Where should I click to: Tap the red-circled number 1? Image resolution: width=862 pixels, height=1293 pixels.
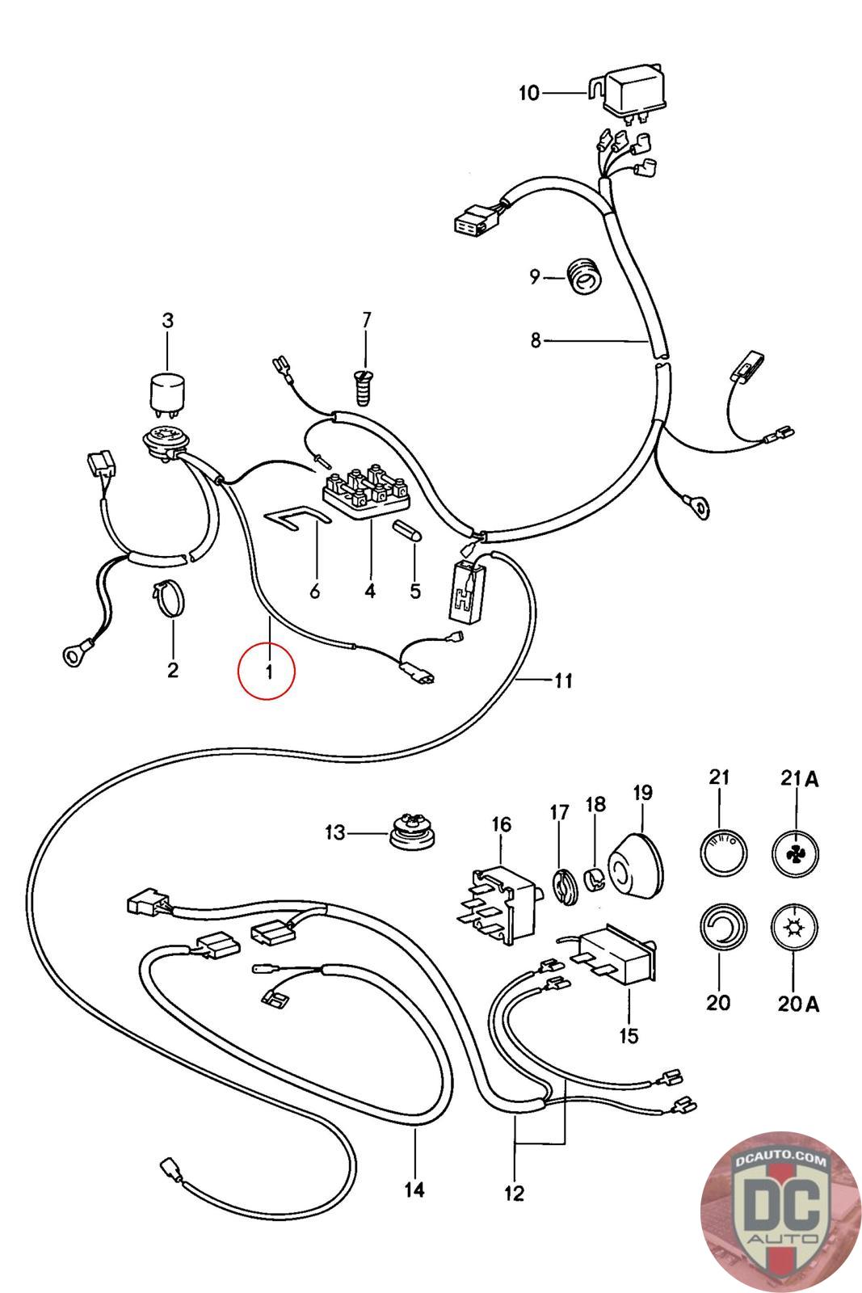(x=267, y=670)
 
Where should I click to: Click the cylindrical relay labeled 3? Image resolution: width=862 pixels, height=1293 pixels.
(x=167, y=393)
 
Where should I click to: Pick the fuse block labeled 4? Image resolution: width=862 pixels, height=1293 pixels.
(x=365, y=492)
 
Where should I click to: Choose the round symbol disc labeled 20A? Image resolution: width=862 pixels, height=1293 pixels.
(x=796, y=929)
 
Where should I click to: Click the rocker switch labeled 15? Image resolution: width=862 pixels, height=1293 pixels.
(x=615, y=957)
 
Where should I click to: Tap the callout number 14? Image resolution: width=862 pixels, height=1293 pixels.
(x=414, y=1190)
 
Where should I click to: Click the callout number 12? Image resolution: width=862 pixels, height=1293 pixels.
(x=514, y=1193)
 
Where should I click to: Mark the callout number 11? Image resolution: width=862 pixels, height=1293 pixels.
(x=563, y=680)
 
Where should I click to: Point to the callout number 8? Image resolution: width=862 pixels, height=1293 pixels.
(x=536, y=341)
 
